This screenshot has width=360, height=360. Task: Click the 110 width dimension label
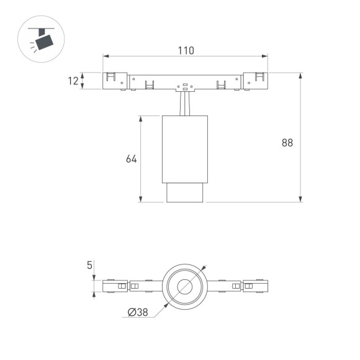tap(186, 50)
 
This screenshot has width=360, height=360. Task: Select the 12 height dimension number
tap(74, 81)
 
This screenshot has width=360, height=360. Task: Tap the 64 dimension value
tap(131, 159)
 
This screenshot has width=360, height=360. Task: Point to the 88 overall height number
tap(287, 143)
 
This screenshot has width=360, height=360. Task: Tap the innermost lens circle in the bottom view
tap(185, 286)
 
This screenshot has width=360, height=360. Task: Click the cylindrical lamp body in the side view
tap(185, 149)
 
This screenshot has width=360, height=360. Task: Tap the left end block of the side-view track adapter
tap(115, 81)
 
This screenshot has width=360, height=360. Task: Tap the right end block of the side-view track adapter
tap(256, 81)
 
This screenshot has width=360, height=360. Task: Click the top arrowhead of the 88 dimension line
tap(301, 76)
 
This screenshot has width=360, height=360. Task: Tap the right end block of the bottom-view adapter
tap(256, 286)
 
